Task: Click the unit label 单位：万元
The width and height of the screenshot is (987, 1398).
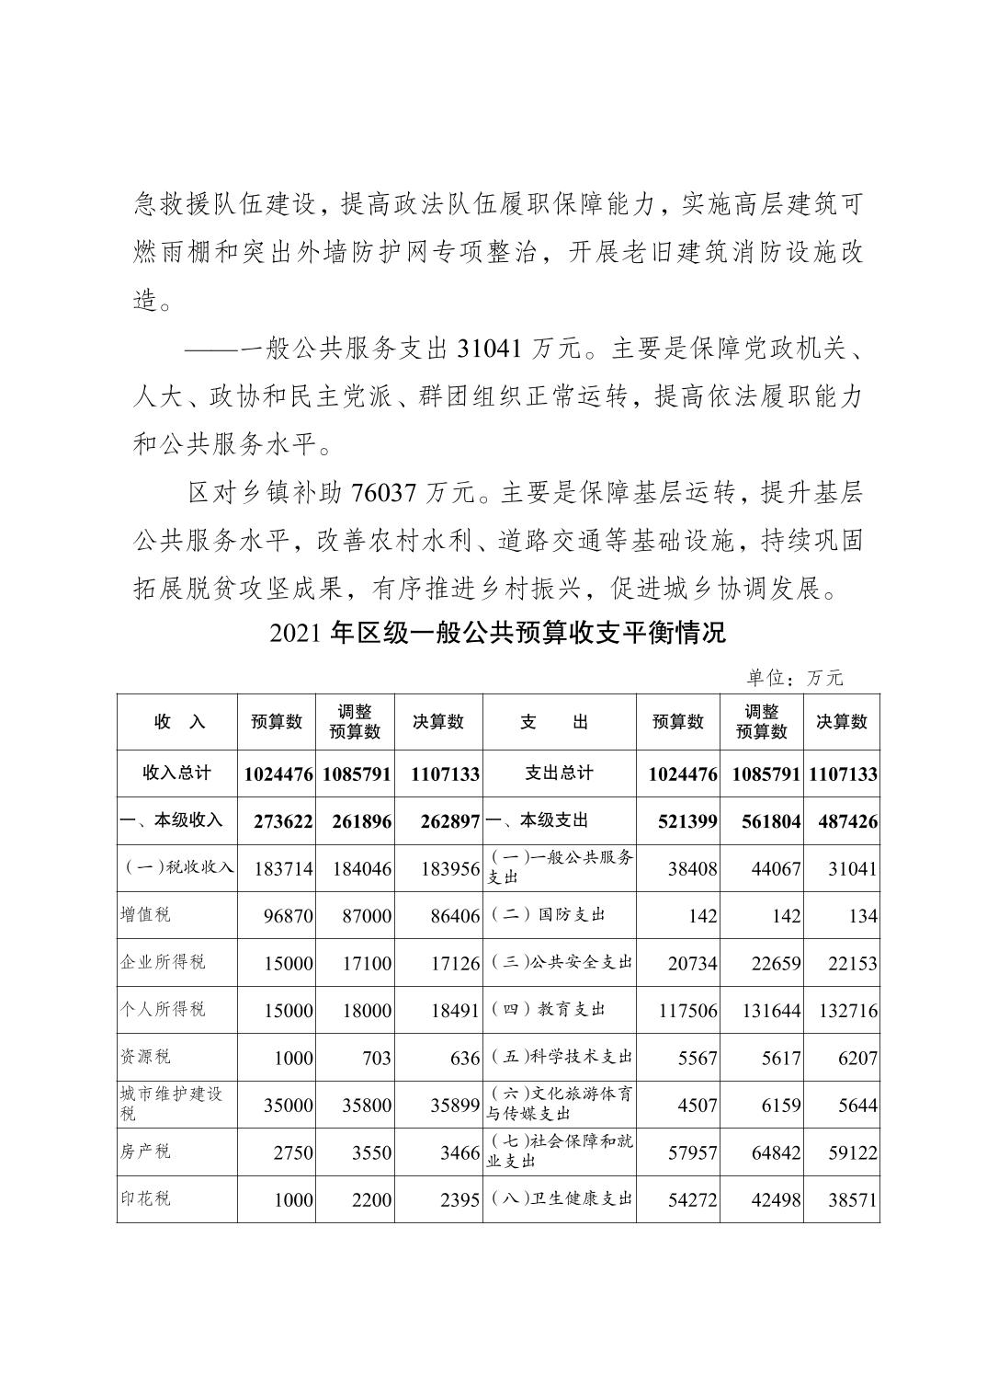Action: click(794, 678)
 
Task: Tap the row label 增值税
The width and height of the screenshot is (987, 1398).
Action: click(145, 915)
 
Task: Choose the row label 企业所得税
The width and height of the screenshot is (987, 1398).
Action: click(163, 962)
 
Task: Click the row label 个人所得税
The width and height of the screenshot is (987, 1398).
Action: click(163, 1010)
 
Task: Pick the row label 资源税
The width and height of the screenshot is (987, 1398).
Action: click(145, 1057)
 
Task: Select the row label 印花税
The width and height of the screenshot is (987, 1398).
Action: click(145, 1199)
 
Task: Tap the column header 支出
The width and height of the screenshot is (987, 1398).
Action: click(559, 722)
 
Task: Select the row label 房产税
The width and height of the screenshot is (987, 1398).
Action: click(145, 1152)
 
